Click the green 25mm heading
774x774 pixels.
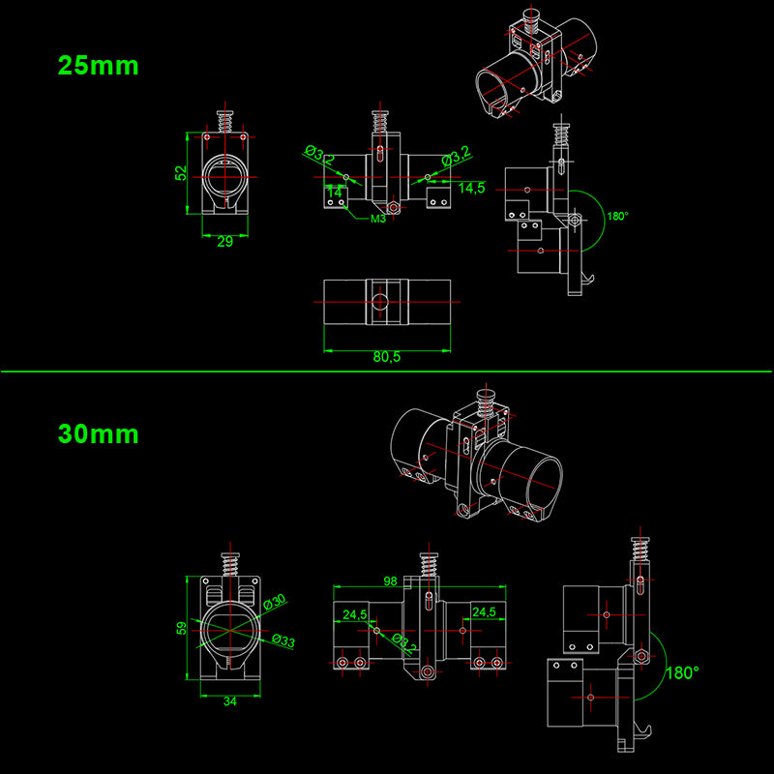98,66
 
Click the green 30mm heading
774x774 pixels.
98,433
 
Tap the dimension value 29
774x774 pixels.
224,242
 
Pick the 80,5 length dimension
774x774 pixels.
386,357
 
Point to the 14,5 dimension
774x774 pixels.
472,188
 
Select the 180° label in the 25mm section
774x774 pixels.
618,217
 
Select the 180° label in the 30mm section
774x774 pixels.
683,671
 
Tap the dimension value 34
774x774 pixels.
230,700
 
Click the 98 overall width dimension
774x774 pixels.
391,580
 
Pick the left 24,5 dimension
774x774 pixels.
354,612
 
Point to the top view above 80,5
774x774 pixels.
386,303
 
